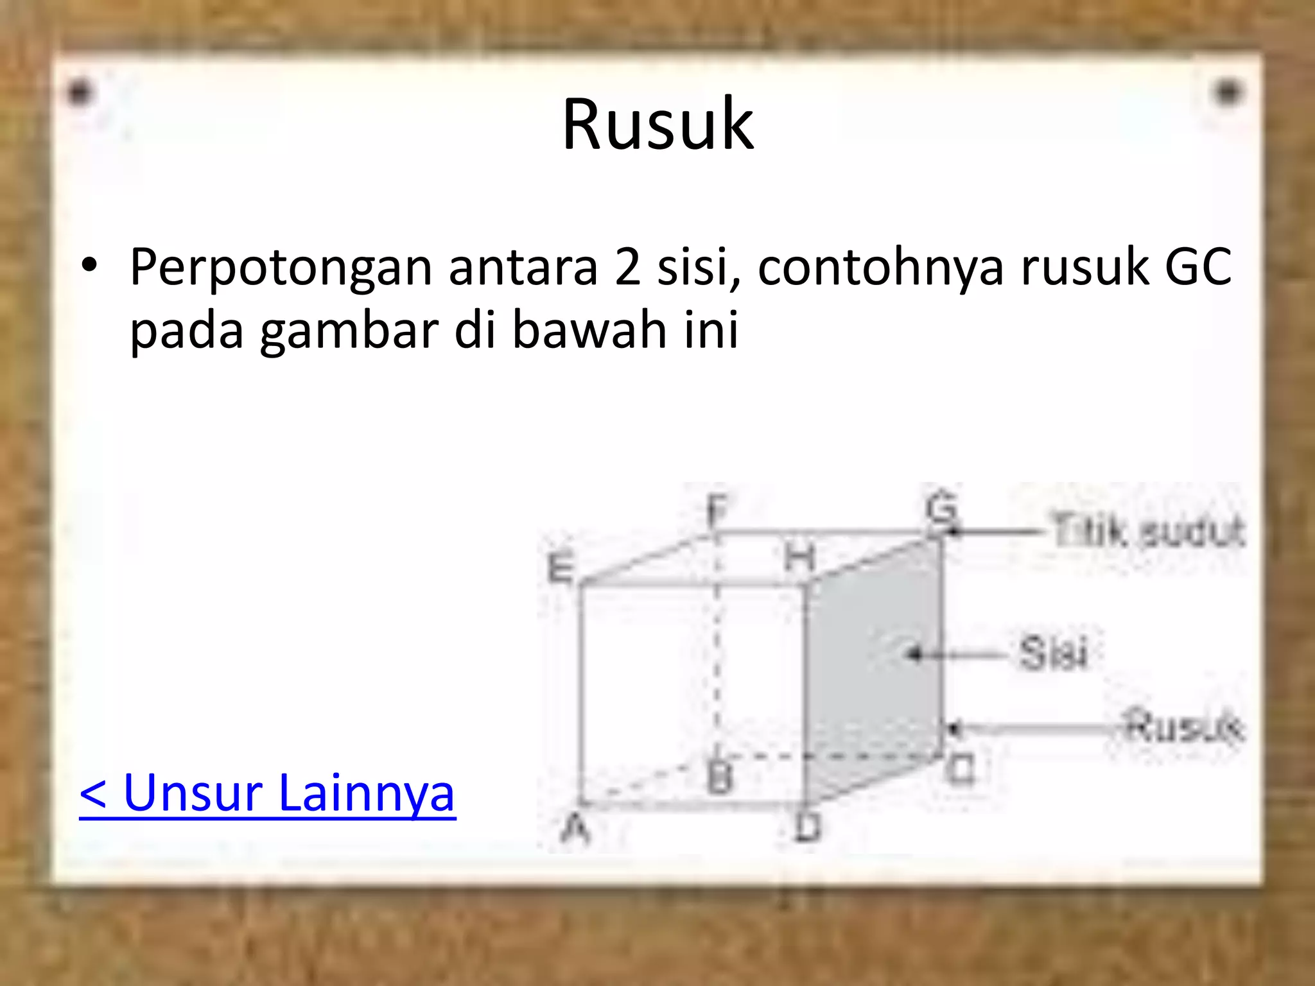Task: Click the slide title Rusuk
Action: [x=657, y=125]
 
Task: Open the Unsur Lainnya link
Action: [x=267, y=793]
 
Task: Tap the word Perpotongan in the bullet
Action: [x=281, y=267]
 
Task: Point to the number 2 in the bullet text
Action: [x=627, y=267]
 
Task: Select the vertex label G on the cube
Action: [x=941, y=510]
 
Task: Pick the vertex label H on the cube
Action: [x=799, y=557]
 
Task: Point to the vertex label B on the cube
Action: [x=719, y=778]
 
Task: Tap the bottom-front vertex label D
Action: [x=808, y=827]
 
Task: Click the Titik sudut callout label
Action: [x=1147, y=532]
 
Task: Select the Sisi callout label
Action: [x=1053, y=653]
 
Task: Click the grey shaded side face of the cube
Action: [x=873, y=668]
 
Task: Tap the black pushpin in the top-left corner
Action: [x=80, y=94]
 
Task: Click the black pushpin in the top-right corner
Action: [x=1228, y=93]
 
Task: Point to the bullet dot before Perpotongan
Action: [x=89, y=266]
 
